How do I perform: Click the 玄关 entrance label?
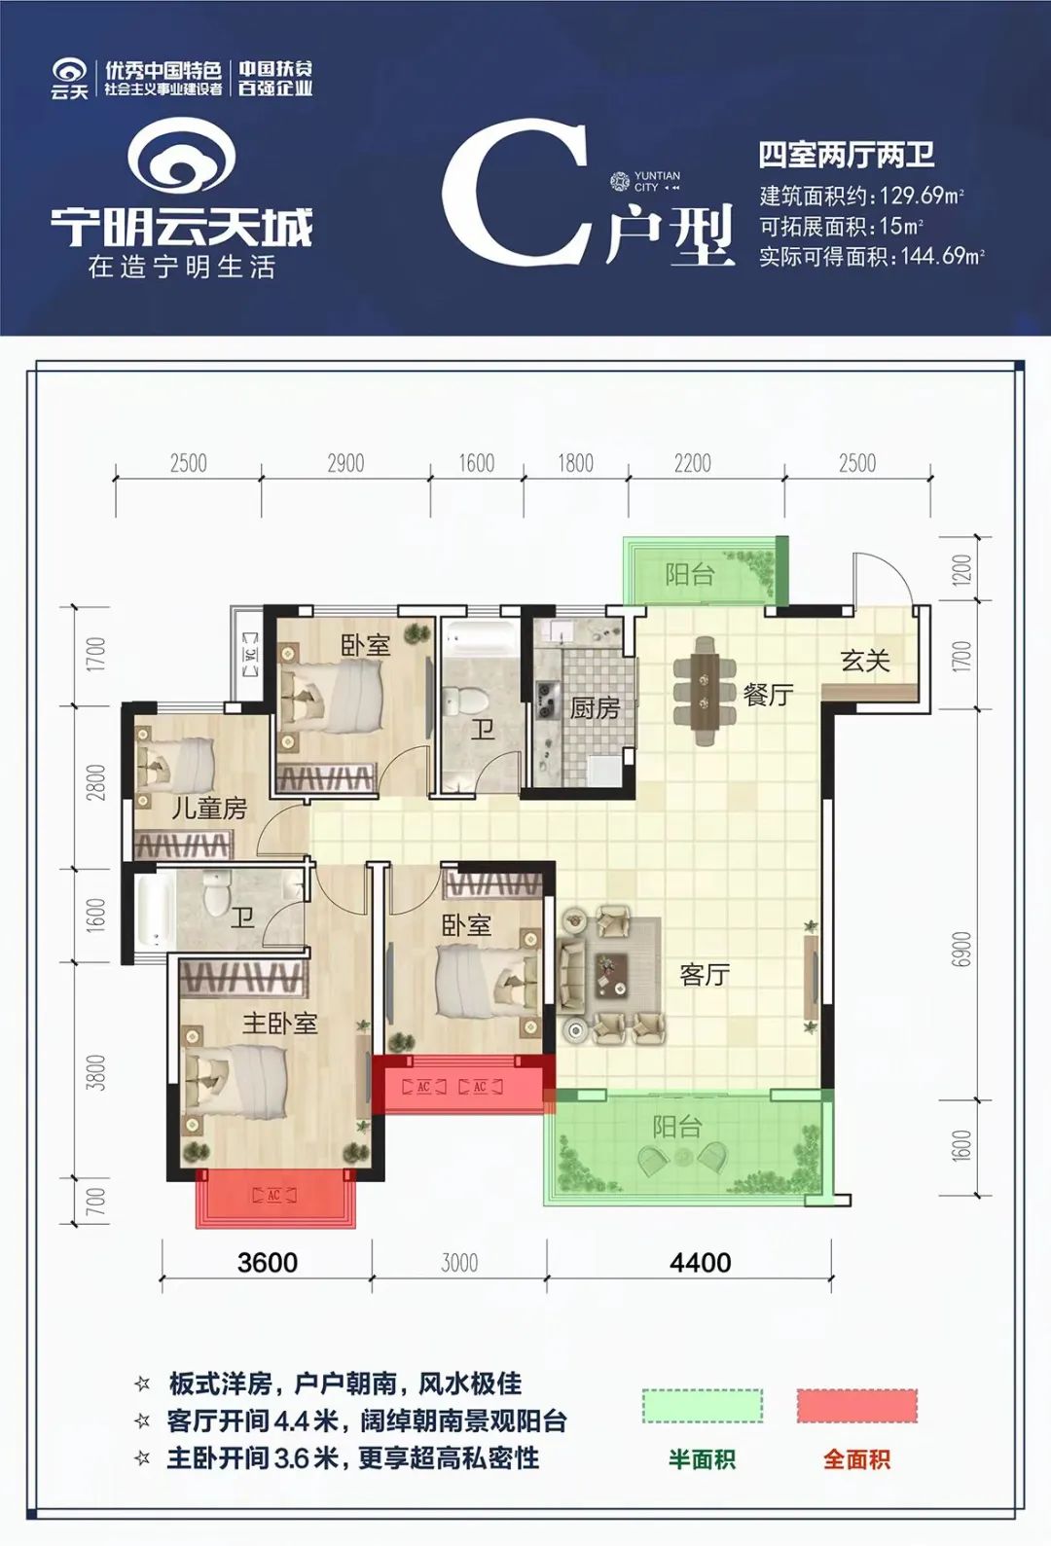(865, 662)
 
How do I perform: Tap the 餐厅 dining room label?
(768, 695)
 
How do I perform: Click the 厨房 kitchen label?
(595, 708)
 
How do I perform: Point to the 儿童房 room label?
(209, 808)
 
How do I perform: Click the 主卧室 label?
(279, 1023)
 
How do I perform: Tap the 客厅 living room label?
(705, 974)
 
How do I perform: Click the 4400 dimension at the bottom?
(700, 1262)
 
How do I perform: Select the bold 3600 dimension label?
(267, 1262)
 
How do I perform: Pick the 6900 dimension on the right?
(961, 949)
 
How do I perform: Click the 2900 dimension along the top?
(345, 463)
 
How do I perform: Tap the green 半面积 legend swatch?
(702, 1406)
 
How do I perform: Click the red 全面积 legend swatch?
(856, 1406)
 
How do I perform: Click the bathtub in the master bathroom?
(153, 912)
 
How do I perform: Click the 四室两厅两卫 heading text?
(846, 155)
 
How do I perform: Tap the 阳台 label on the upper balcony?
(689, 575)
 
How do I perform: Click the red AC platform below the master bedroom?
(274, 1198)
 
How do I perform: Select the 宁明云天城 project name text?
(182, 227)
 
